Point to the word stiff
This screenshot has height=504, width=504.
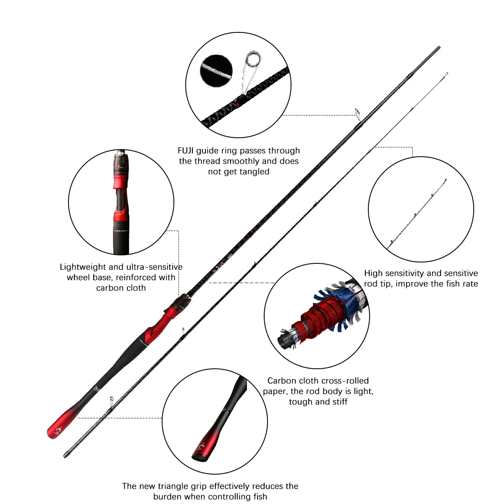339,402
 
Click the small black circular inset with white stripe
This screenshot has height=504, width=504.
216,71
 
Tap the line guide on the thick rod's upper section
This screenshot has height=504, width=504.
357,115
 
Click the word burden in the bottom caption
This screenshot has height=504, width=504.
167,497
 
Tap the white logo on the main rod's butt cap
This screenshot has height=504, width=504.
58,430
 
